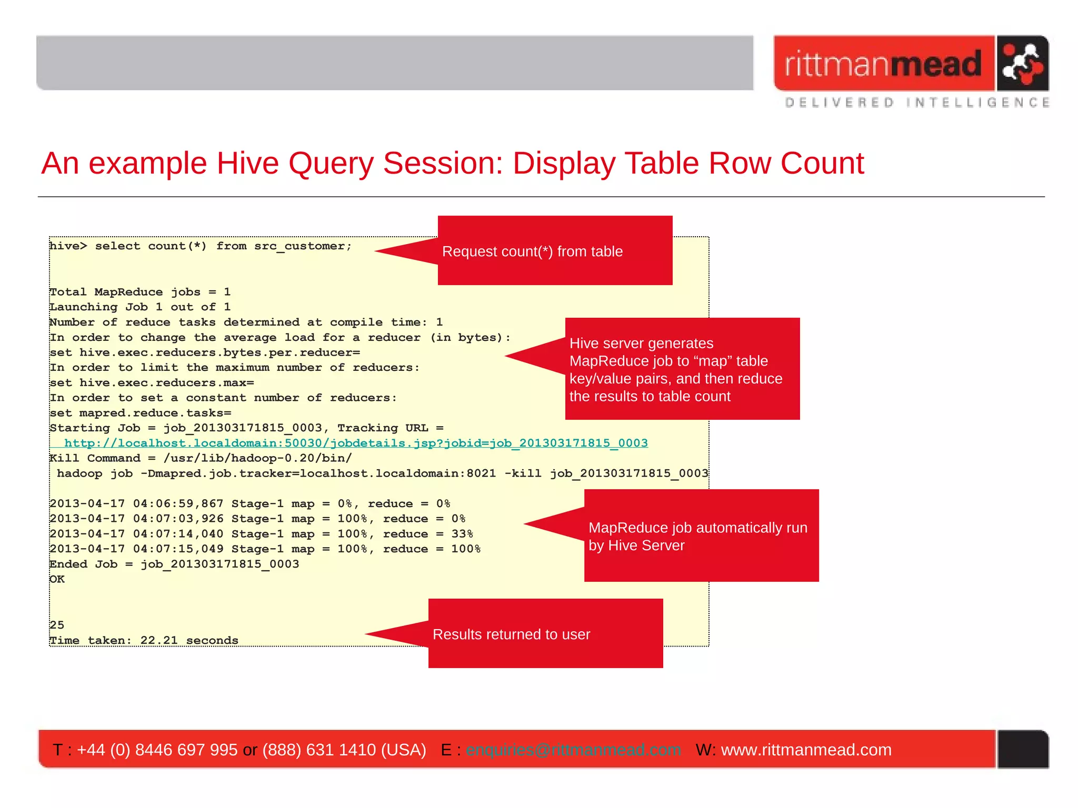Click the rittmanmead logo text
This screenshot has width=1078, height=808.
click(883, 64)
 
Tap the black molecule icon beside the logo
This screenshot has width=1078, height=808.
click(1022, 64)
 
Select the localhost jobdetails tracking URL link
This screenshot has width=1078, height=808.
click(356, 443)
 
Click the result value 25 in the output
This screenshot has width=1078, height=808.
click(57, 625)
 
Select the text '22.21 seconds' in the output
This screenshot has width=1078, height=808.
click(189, 640)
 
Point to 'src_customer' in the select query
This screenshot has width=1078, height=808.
click(303, 246)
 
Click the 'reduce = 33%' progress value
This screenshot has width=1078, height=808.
click(428, 534)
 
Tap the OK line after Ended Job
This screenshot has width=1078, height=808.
click(57, 579)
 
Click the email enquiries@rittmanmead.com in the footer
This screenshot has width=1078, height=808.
click(573, 750)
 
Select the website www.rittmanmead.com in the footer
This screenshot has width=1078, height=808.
click(806, 750)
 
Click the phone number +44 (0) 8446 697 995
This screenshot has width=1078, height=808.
click(157, 750)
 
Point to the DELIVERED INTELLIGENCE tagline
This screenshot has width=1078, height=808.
click(917, 103)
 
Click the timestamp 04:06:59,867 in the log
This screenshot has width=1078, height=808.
click(178, 504)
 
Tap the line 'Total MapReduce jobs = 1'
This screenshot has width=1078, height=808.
click(140, 292)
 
